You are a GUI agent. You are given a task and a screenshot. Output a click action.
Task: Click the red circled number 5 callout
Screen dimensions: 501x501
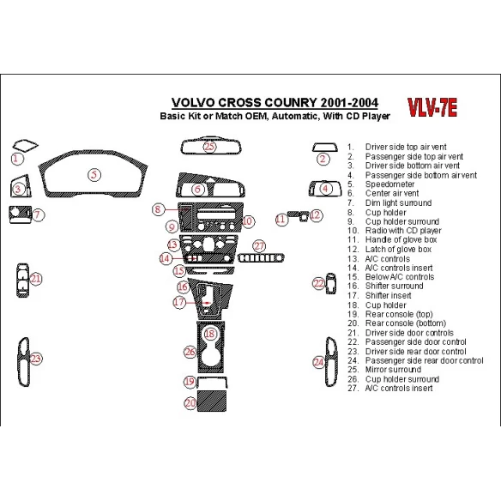94,175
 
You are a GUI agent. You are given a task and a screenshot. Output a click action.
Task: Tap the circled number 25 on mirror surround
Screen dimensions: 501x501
210,146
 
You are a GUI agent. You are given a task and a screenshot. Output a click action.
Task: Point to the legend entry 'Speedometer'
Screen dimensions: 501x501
389,184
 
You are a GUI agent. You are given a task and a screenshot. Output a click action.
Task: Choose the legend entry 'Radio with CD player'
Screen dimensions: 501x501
402,231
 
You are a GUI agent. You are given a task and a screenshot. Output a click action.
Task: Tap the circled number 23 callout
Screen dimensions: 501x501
36,358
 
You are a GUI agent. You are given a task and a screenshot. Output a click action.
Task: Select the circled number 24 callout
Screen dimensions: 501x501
318,363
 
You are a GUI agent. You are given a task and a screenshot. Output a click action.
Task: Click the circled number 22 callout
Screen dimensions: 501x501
318,283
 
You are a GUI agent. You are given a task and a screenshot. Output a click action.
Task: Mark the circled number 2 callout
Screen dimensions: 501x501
322,158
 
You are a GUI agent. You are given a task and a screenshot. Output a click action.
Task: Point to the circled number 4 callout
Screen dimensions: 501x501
326,189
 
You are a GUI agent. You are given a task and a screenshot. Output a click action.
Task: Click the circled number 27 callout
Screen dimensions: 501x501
259,246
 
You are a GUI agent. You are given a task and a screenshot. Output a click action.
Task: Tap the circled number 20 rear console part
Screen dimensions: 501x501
190,401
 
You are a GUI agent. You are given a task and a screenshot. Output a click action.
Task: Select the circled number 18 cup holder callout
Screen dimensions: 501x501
210,334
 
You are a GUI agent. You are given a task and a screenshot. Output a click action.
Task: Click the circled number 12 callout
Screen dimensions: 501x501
316,215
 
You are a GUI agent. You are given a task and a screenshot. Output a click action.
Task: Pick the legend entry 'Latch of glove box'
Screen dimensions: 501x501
400,249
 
